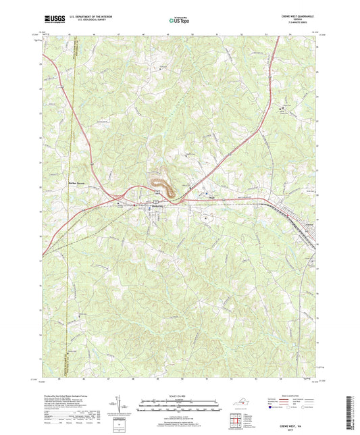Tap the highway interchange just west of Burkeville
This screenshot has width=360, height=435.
120,202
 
